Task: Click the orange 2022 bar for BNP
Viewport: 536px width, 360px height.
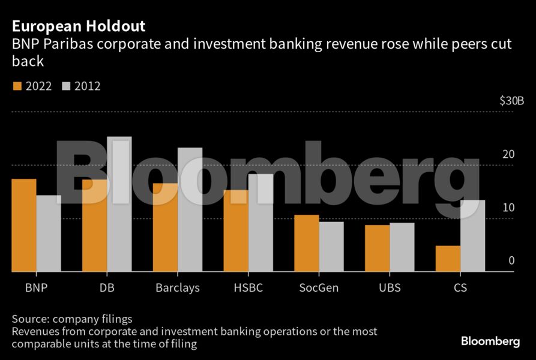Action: (24, 226)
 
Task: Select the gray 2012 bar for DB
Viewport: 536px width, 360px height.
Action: (119, 205)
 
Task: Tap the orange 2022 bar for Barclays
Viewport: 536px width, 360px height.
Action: (165, 228)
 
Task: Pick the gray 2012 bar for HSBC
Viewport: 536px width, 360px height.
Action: (260, 223)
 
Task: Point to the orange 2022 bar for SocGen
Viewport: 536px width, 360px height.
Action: (307, 244)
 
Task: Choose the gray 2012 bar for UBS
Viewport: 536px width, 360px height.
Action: (402, 247)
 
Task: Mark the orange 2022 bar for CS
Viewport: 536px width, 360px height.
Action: (448, 259)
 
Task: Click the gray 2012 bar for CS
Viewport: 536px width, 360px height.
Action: (472, 236)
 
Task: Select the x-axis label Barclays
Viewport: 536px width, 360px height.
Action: (177, 288)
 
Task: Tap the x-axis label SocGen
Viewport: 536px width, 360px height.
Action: (319, 288)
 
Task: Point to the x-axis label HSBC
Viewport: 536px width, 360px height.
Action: (248, 288)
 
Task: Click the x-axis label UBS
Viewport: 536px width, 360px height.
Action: (390, 288)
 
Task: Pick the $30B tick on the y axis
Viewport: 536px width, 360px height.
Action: (503, 101)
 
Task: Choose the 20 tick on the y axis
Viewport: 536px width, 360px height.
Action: (508, 154)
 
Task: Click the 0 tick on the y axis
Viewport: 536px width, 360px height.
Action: (511, 260)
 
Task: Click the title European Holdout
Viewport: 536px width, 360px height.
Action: (79, 27)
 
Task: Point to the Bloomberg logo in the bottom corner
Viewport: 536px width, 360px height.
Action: (490, 341)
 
